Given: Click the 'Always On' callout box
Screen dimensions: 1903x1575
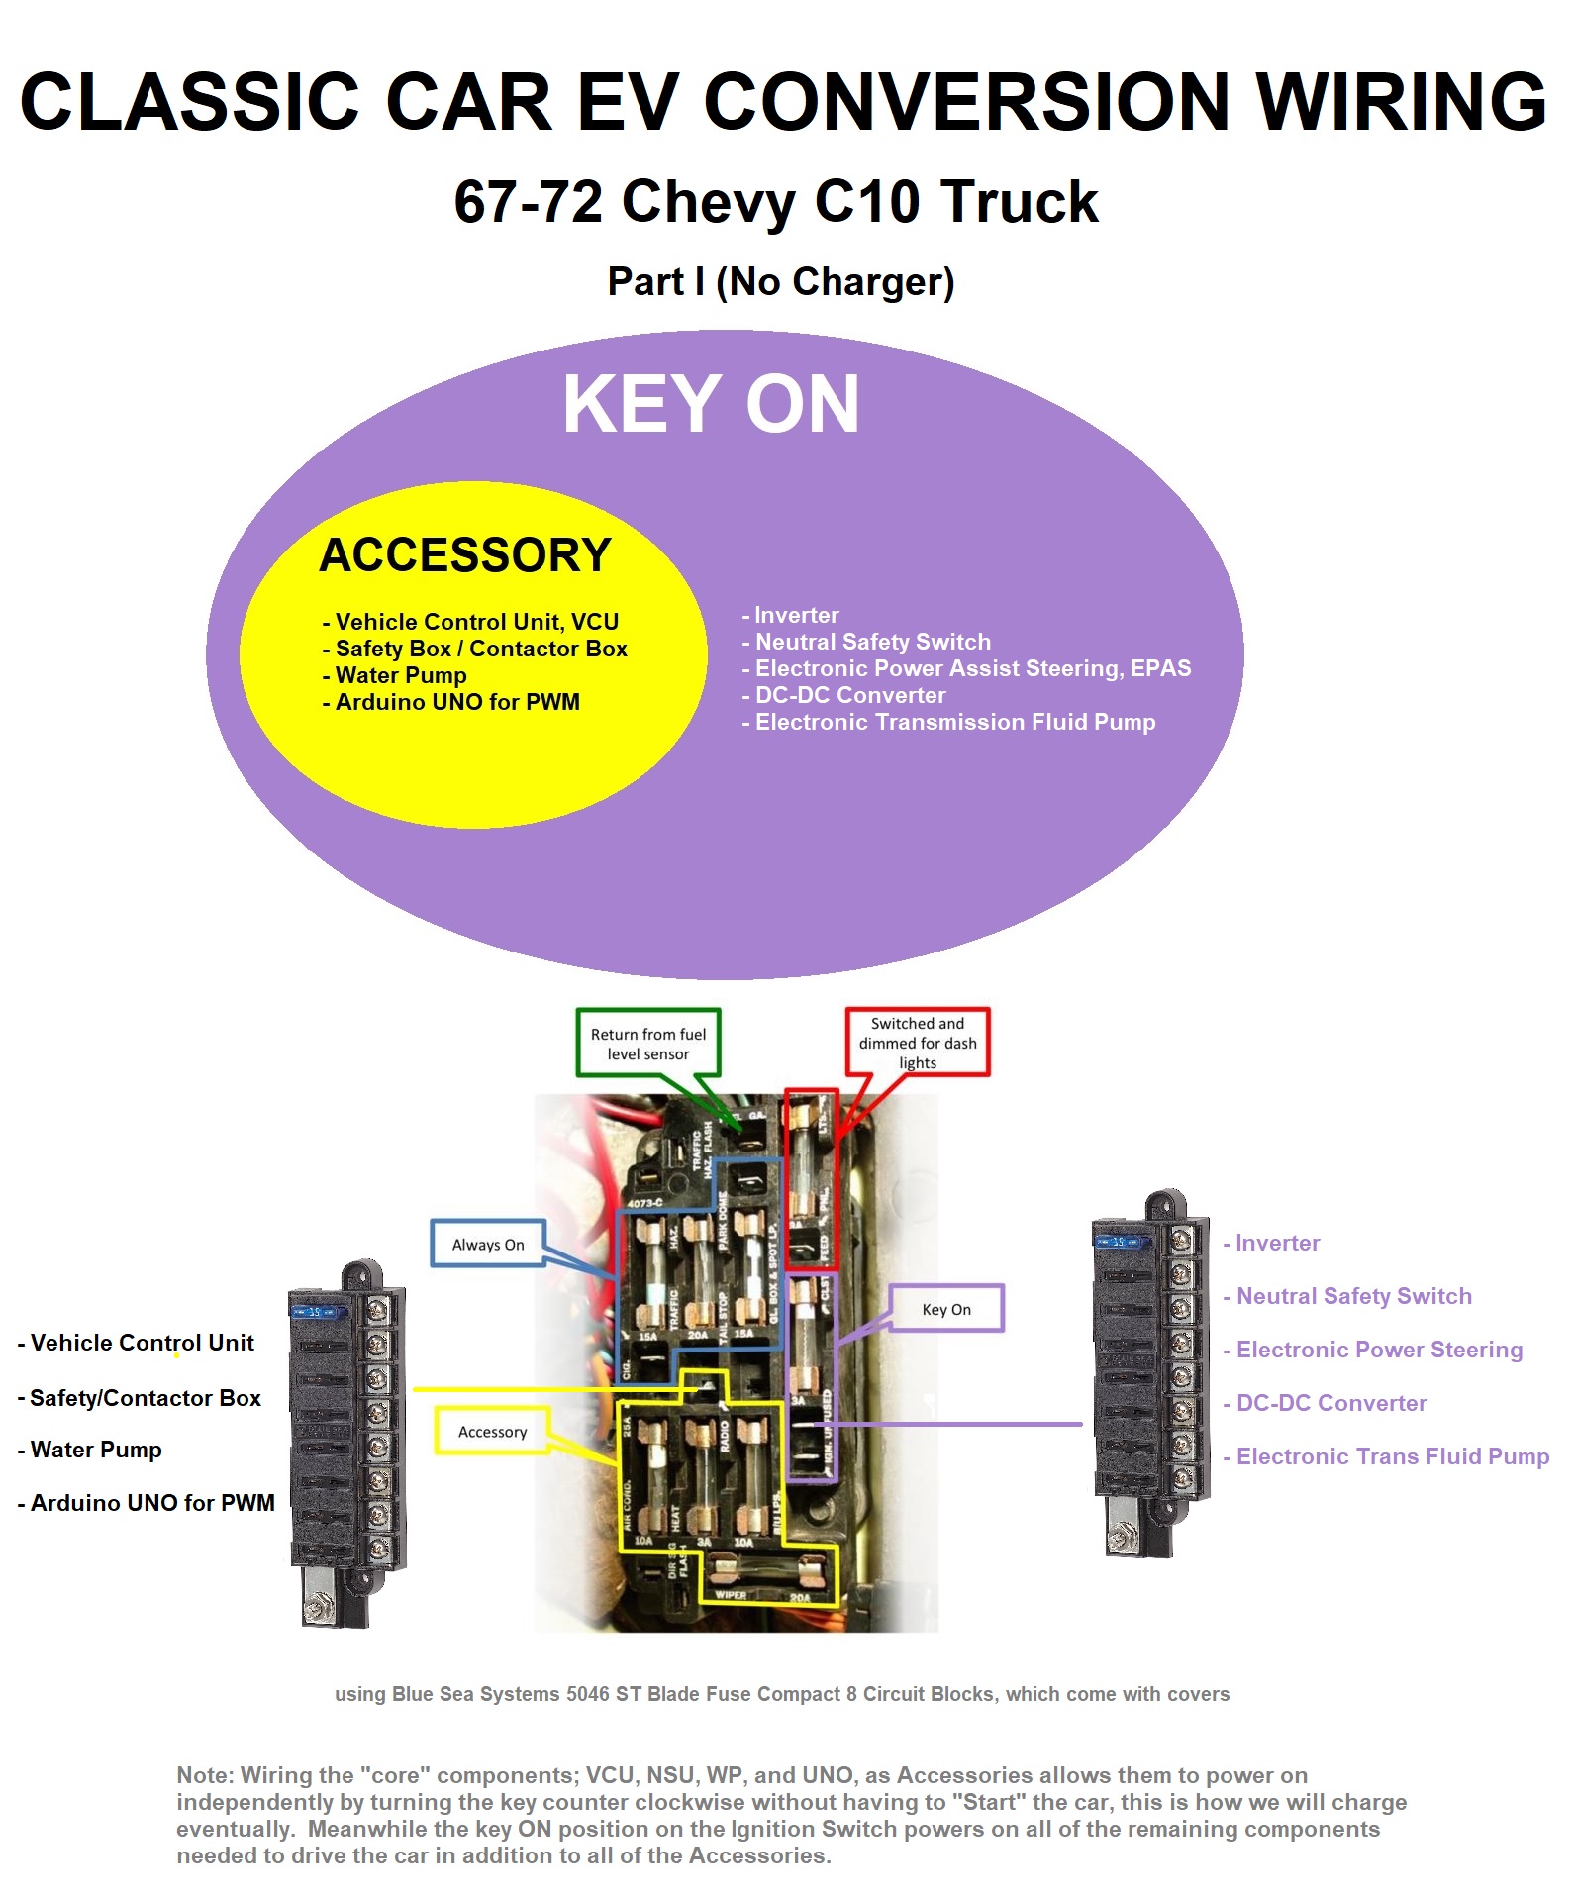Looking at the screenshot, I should pyautogui.click(x=488, y=1244).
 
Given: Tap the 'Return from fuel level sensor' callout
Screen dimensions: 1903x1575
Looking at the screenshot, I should pyautogui.click(x=648, y=1044).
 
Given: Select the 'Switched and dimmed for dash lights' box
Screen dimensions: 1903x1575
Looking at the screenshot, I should pyautogui.click(x=918, y=1043).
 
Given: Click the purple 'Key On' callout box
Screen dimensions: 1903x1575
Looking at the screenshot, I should pyautogui.click(x=946, y=1309).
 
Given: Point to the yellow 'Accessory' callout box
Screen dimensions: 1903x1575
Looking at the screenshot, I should pyautogui.click(x=492, y=1432).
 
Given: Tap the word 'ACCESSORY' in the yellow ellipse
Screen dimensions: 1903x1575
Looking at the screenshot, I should pyautogui.click(x=465, y=554).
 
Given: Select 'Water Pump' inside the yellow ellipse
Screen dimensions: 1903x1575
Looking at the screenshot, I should pyautogui.click(x=401, y=675).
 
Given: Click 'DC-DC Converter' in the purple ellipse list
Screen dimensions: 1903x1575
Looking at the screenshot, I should pyautogui.click(x=850, y=695).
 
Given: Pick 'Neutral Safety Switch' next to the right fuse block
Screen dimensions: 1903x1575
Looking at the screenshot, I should pyautogui.click(x=1353, y=1296).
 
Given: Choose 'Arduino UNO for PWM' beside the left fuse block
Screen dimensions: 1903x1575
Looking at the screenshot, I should pyautogui.click(x=152, y=1503).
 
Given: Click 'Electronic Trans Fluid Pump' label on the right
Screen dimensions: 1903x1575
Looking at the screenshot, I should pyautogui.click(x=1392, y=1456).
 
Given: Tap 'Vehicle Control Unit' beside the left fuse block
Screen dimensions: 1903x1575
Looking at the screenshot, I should pyautogui.click(x=143, y=1343).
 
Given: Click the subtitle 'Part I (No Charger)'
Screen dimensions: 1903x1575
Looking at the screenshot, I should pyautogui.click(x=781, y=282).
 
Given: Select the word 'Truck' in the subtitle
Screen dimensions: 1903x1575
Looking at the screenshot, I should pyautogui.click(x=1019, y=202).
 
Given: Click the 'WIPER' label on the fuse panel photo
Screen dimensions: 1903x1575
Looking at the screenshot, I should pyautogui.click(x=731, y=1594).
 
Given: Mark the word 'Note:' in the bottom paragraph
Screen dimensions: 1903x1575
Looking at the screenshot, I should pyautogui.click(x=206, y=1775).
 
